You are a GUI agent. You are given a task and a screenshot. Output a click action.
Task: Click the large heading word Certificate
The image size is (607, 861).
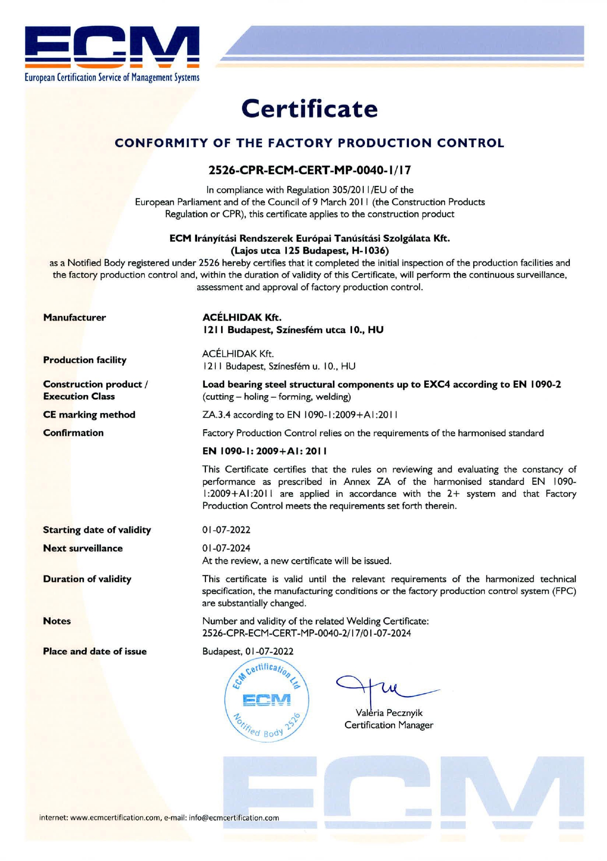pyautogui.click(x=309, y=109)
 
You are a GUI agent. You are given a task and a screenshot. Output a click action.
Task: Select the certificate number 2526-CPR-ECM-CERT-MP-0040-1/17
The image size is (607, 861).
pyautogui.click(x=309, y=170)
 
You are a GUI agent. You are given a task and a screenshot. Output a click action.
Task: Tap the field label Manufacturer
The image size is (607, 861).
pyautogui.click(x=75, y=317)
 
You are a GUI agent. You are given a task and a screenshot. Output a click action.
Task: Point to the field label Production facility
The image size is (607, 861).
pyautogui.click(x=85, y=360)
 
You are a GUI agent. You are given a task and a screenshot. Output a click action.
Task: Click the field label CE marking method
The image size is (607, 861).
pyautogui.click(x=89, y=415)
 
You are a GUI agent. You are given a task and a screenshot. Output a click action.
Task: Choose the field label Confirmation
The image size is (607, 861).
pyautogui.click(x=74, y=433)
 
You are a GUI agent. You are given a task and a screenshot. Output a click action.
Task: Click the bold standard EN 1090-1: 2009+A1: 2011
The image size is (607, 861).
pyautogui.click(x=265, y=451)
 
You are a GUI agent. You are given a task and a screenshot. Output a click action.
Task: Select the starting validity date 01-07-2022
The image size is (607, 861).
pyautogui.click(x=227, y=530)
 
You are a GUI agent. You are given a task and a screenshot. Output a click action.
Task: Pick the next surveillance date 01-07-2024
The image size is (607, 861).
pyautogui.click(x=227, y=548)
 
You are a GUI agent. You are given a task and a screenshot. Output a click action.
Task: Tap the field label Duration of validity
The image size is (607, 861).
pyautogui.click(x=87, y=579)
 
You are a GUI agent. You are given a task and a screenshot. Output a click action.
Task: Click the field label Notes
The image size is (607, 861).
pyautogui.click(x=57, y=621)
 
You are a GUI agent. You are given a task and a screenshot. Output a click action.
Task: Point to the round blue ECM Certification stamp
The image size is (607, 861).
pyautogui.click(x=266, y=699)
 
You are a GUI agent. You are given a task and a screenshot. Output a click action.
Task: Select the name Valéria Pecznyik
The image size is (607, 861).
pyautogui.click(x=389, y=713)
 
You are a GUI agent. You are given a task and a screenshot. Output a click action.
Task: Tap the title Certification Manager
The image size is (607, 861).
pyautogui.click(x=389, y=725)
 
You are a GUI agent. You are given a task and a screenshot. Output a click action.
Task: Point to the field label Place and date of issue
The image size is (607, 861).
pyautogui.click(x=95, y=652)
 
